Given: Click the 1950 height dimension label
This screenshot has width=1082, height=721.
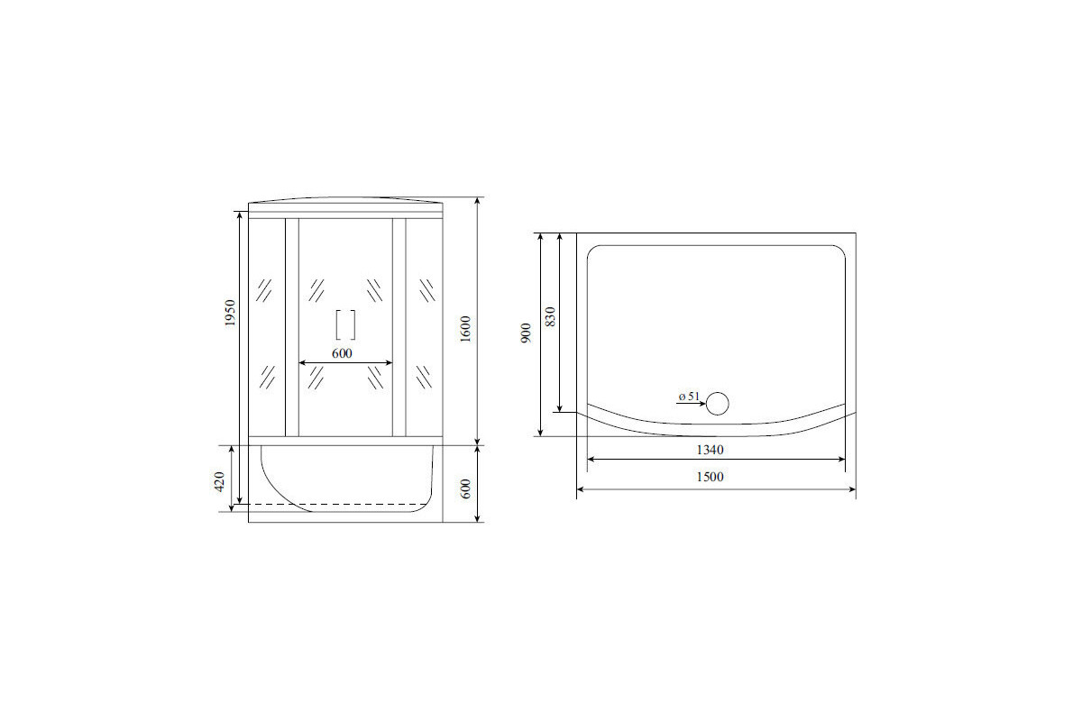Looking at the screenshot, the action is [x=231, y=313].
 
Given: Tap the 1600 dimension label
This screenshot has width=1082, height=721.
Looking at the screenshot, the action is [x=465, y=329].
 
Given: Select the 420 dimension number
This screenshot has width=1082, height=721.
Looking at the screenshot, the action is [x=220, y=481].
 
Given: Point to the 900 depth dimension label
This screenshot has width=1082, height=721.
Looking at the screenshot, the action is [x=526, y=333].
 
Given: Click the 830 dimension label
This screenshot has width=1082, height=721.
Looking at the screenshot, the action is [x=550, y=317].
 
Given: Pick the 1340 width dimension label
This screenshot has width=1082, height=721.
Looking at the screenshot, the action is [x=711, y=450].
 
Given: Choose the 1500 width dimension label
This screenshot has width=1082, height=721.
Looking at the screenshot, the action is [x=711, y=477].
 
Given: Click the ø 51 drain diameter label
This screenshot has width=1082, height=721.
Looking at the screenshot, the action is [x=689, y=396].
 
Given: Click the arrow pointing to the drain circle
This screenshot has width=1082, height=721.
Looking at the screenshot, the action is [x=691, y=403].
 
